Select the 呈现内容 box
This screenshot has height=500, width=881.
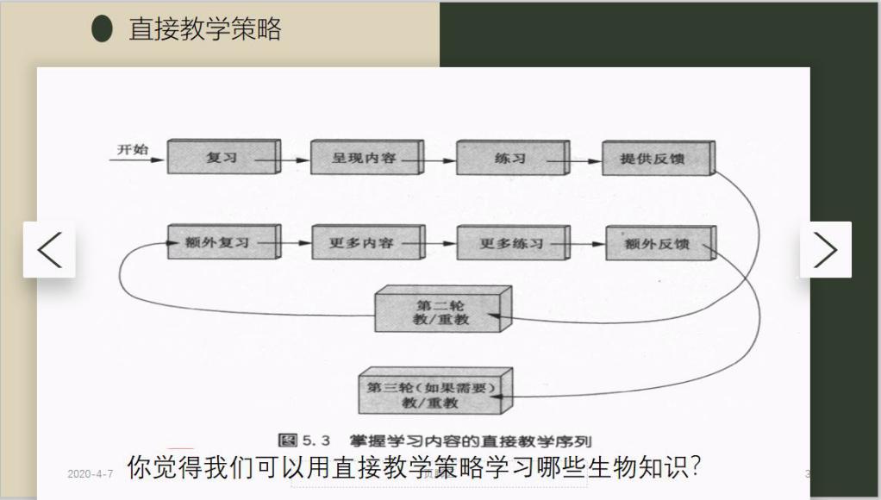[365, 159]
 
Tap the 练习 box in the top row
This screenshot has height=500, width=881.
[510, 159]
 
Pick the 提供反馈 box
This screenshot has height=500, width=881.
[657, 159]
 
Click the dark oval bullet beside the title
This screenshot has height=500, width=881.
[103, 28]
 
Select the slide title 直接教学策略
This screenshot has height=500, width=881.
[205, 29]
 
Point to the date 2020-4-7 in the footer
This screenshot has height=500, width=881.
[90, 474]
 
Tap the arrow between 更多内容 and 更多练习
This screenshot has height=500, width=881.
[441, 244]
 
